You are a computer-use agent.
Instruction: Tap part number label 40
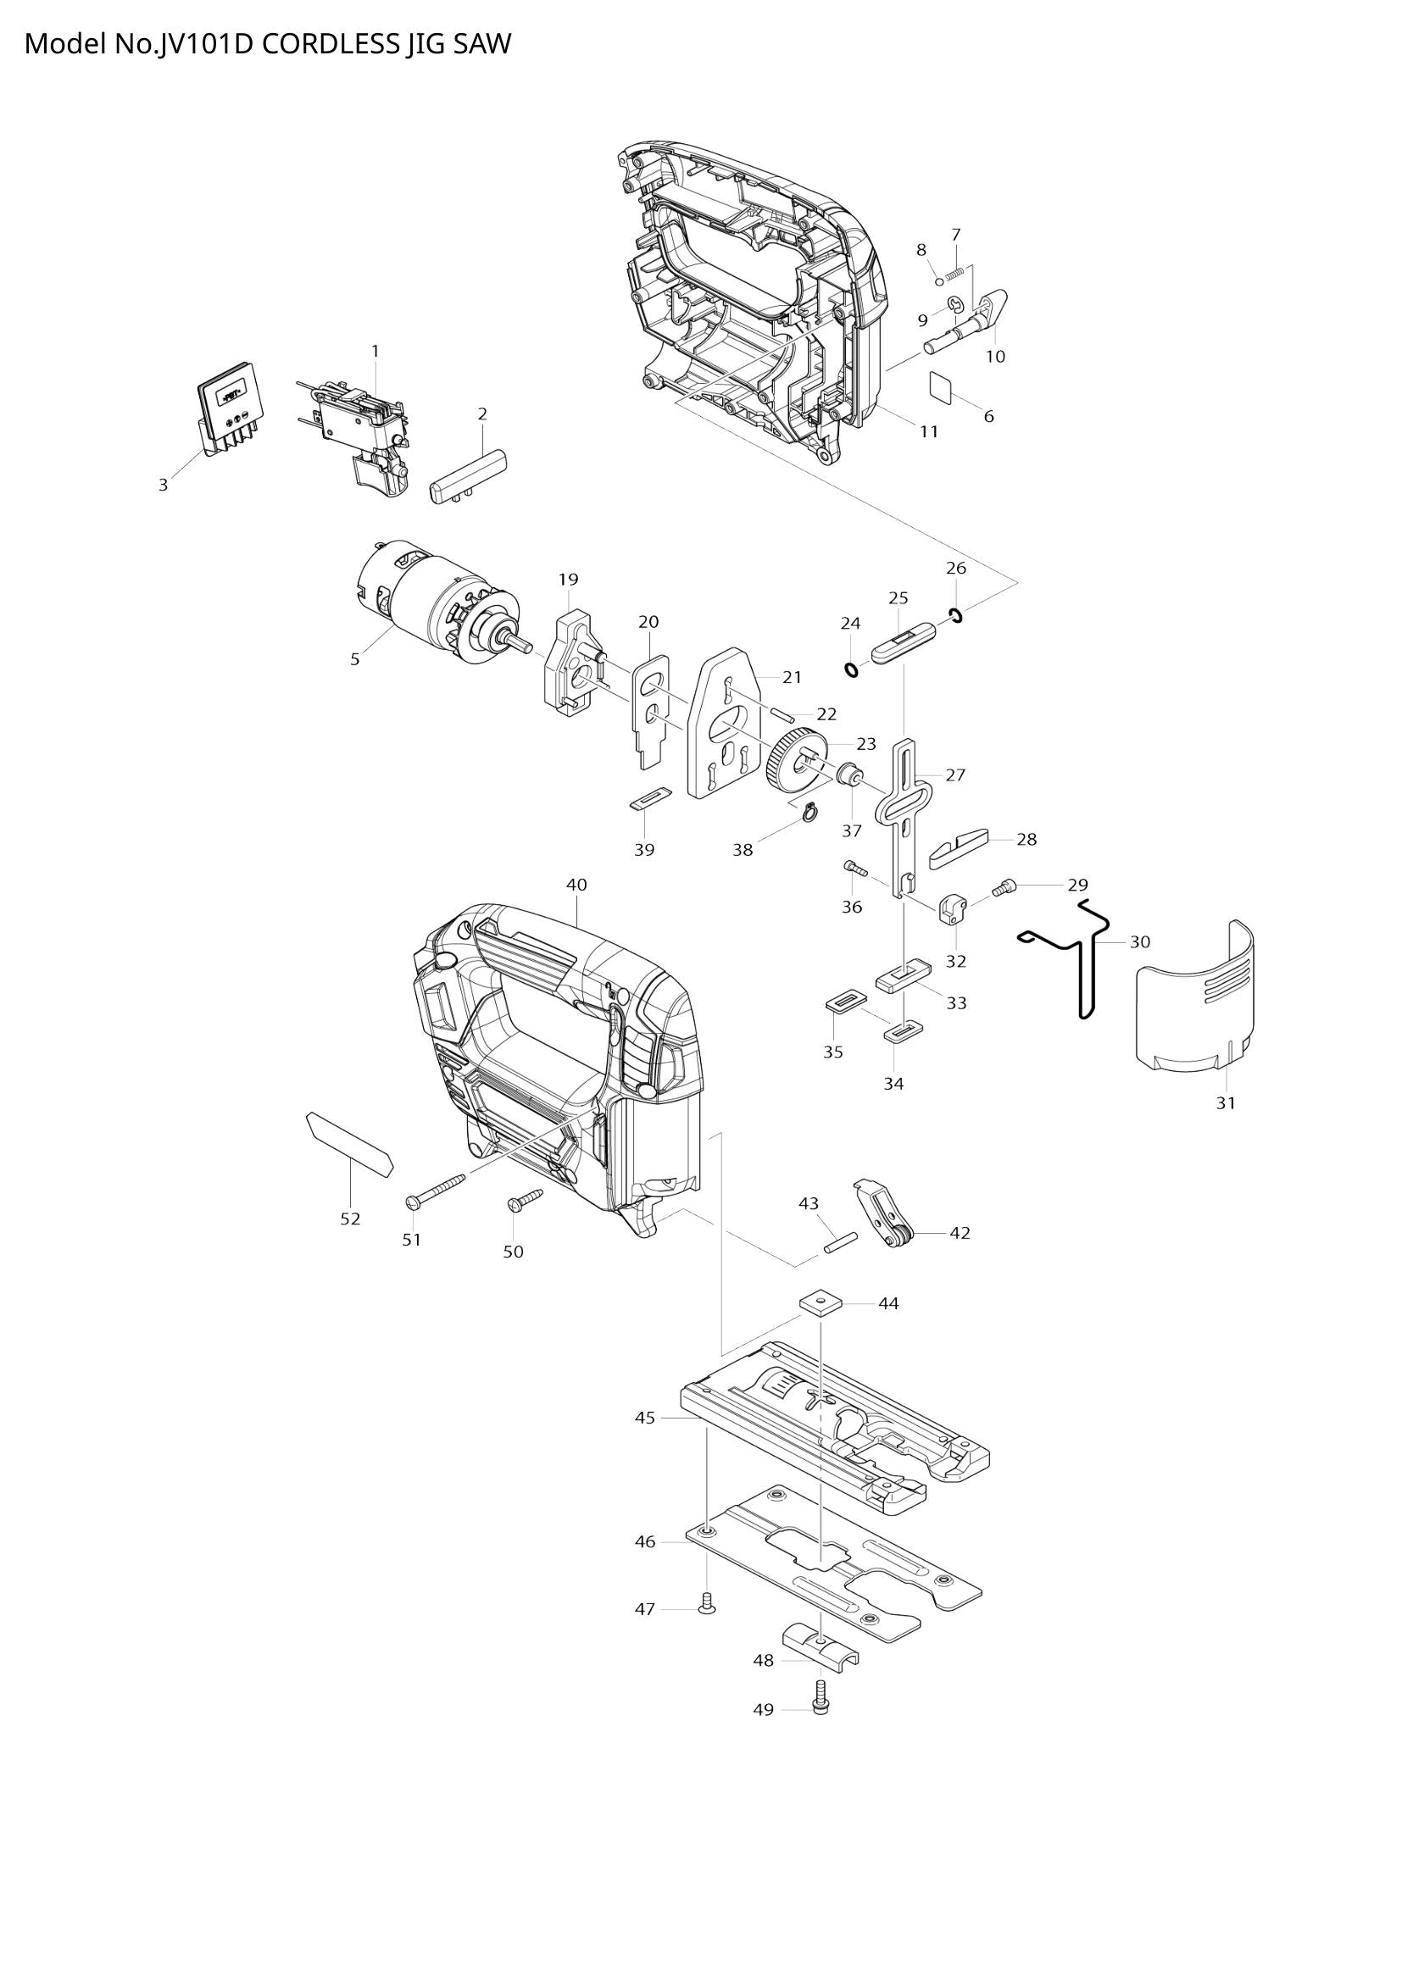(x=576, y=884)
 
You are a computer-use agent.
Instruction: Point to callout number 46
(x=645, y=1541)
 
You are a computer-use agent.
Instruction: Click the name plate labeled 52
(x=348, y=1145)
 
